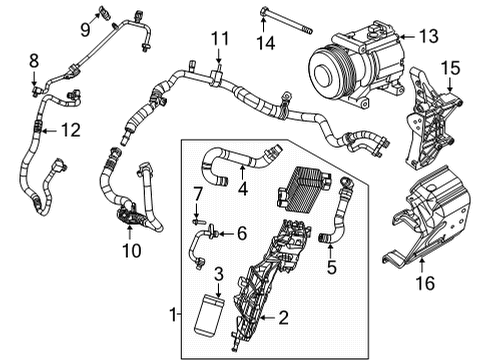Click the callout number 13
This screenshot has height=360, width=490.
click(428, 37)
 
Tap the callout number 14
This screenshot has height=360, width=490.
click(264, 43)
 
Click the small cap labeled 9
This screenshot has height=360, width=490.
click(104, 13)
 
